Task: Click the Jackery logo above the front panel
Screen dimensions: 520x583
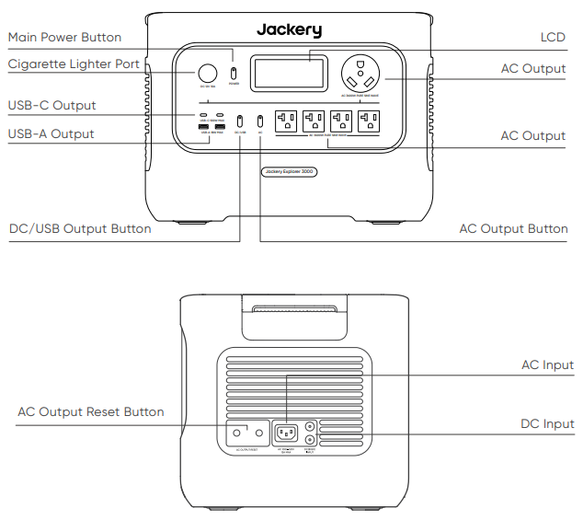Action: click(x=289, y=29)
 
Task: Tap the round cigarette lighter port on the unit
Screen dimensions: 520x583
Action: click(x=208, y=73)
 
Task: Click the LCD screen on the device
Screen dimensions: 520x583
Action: click(x=289, y=72)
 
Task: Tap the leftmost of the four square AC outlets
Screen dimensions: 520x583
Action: click(x=286, y=121)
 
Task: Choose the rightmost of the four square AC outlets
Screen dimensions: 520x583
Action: click(x=370, y=121)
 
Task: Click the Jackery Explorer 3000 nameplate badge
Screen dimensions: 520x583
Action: click(x=289, y=171)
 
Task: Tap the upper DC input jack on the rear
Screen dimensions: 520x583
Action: click(x=310, y=426)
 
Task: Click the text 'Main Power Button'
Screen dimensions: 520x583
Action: click(x=64, y=38)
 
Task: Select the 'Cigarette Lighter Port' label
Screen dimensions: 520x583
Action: click(x=74, y=64)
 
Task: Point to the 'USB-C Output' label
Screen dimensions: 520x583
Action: click(x=51, y=106)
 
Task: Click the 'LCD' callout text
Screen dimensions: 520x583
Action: click(x=553, y=38)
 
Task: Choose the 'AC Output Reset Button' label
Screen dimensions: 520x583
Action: click(x=91, y=411)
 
